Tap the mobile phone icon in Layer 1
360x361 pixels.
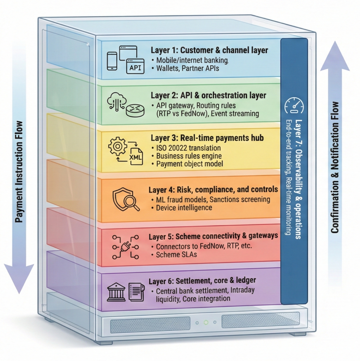pos(112,60)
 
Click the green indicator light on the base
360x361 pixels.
pos(206,322)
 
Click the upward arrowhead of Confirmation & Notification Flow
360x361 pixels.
pos(335,56)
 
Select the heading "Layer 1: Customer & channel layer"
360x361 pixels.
pos(209,50)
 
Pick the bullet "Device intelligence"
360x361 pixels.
pos(184,208)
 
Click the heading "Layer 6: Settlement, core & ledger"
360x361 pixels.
pos(202,281)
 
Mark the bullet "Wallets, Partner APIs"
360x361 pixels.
pos(187,68)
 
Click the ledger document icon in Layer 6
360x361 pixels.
pos(136,292)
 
